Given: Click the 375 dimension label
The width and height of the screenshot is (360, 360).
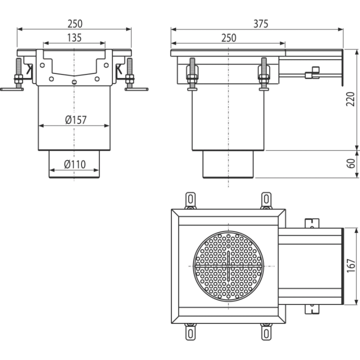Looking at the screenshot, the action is pos(260,24).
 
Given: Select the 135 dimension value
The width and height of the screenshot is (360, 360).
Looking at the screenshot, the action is pos(74,38).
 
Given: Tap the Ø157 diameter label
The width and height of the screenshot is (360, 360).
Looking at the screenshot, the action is pos(76,120).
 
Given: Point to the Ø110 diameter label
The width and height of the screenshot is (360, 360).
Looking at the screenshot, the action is pos(75,164).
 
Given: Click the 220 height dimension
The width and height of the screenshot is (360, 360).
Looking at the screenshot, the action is pos(350,99).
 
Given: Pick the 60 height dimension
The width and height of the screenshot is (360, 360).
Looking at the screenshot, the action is pos(350,163).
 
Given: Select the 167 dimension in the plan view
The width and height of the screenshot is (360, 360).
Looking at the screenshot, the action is pos(351,266).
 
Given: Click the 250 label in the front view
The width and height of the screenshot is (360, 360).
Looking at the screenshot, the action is pos(75,24).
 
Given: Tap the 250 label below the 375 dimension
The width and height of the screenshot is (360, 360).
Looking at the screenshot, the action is pos(229,38).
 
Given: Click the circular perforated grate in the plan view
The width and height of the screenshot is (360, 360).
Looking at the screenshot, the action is pos(228,266).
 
